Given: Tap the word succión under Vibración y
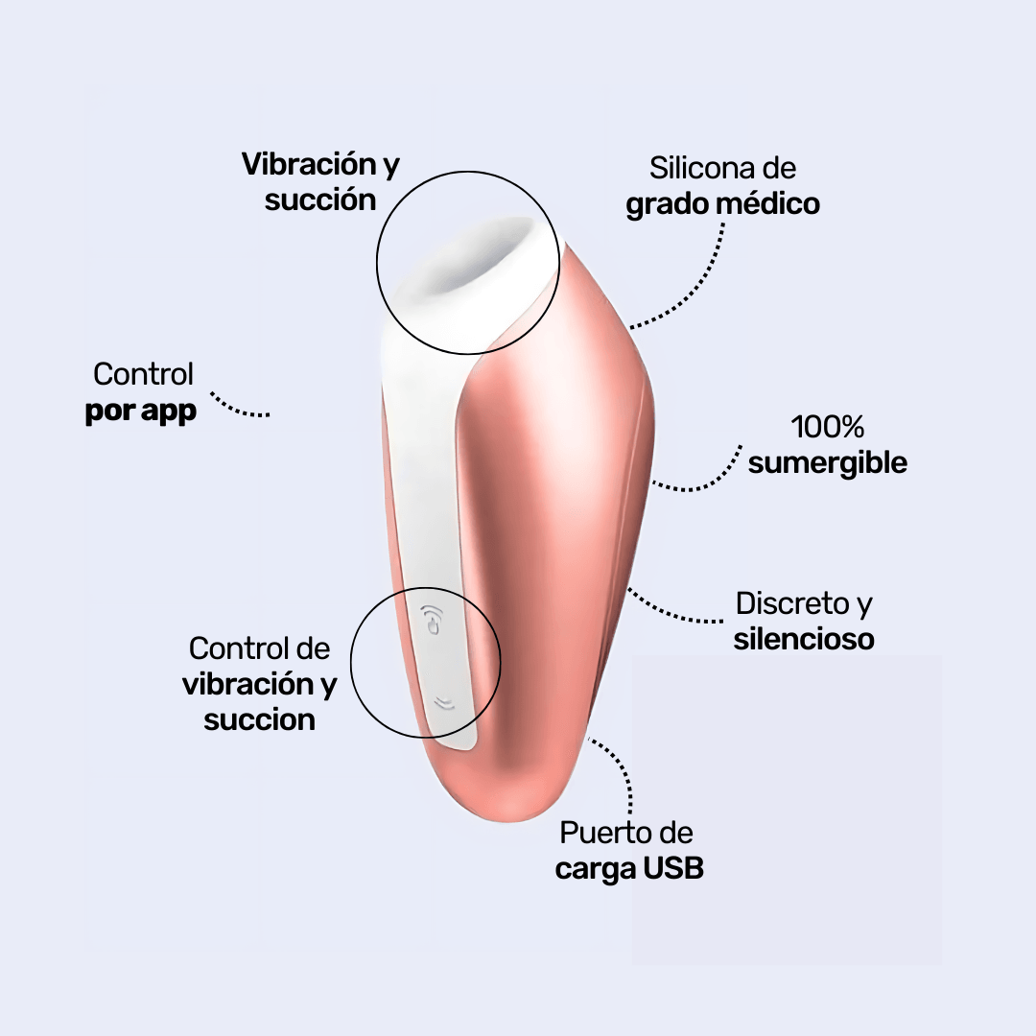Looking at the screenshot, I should [320, 200].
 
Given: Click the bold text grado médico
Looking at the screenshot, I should [722, 204].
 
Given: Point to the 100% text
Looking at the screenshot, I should [828, 426].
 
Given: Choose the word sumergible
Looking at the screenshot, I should [828, 462].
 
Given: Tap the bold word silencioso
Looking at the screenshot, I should [804, 639].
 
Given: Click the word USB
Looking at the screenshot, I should [673, 869].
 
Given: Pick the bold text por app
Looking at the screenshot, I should [141, 412].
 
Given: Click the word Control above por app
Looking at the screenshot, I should [144, 374].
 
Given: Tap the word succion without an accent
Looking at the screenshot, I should [260, 719].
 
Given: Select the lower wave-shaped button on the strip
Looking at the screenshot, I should [442, 703].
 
